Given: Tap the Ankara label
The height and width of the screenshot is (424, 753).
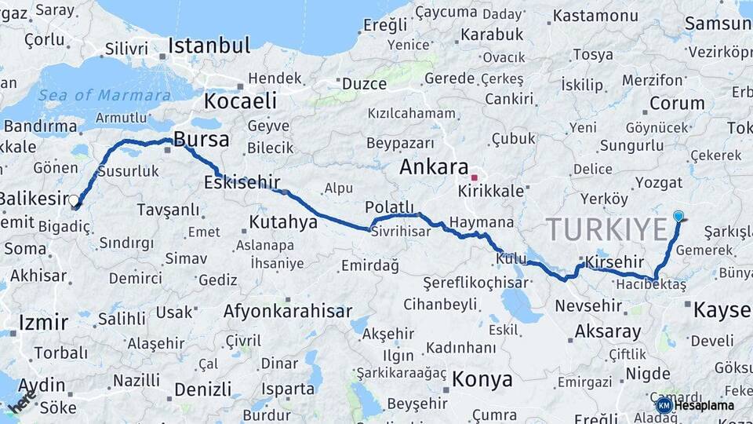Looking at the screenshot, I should click(434, 167).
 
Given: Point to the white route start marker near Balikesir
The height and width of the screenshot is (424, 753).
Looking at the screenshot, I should click(74, 201).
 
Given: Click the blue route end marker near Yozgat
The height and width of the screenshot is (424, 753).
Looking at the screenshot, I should click(678, 216).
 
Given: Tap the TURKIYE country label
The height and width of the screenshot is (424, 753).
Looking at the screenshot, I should click(606, 229).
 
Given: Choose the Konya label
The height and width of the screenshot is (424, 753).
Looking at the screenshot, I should click(482, 380).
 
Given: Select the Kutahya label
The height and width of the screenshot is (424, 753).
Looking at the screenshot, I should click(282, 222).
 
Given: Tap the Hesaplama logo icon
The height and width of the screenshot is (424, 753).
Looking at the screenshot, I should click(664, 405).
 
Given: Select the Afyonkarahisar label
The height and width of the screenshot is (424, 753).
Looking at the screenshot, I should click(287, 311).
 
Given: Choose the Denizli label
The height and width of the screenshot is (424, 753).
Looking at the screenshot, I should click(203, 389).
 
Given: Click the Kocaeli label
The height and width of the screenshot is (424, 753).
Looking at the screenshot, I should click(241, 101).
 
